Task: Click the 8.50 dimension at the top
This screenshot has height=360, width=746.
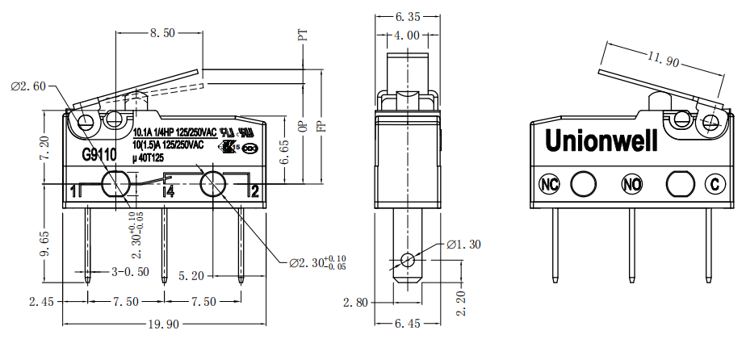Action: (161, 33)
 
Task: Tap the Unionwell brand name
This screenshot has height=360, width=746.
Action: (601, 140)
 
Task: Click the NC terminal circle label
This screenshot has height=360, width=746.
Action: (550, 184)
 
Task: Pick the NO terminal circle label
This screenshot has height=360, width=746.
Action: (631, 184)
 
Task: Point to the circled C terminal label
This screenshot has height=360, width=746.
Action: (713, 184)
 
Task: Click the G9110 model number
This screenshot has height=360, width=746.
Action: (99, 153)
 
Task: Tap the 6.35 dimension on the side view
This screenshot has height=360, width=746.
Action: (409, 15)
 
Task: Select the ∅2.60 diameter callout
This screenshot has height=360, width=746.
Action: (28, 86)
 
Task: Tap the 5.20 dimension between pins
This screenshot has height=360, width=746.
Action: (192, 275)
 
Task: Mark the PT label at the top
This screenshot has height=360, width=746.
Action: (304, 35)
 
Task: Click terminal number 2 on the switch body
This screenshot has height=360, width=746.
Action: (254, 191)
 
